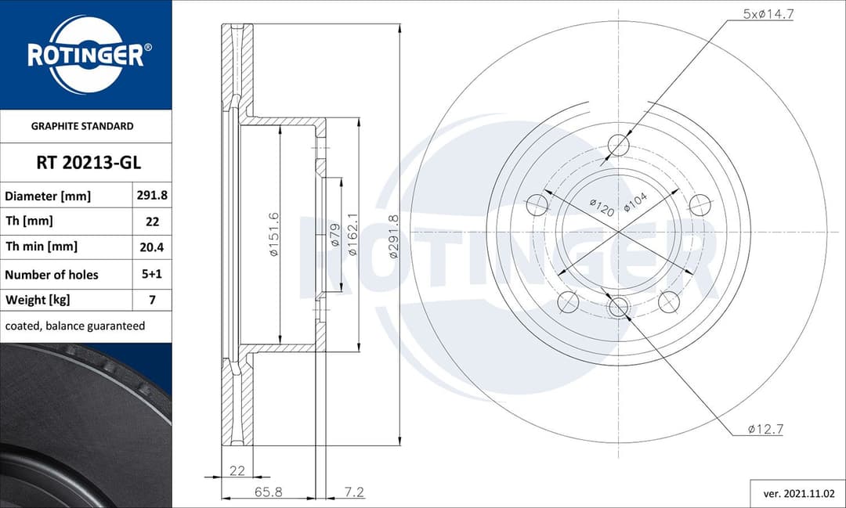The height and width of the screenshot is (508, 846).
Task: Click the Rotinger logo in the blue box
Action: tap(85, 55)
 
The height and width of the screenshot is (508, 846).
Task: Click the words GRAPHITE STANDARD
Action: tap(82, 126)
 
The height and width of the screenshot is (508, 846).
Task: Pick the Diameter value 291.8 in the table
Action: tap(152, 196)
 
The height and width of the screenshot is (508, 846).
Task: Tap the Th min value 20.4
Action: tap(152, 247)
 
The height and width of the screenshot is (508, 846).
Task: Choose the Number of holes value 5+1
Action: tap(152, 275)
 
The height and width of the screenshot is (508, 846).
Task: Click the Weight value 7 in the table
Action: tap(152, 300)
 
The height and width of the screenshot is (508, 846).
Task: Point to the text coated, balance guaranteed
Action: tap(75, 326)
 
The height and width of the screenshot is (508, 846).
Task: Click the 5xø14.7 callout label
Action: tap(768, 13)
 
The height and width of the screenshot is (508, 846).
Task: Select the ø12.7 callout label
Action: tap(765, 429)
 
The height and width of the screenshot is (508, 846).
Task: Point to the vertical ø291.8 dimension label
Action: tap(394, 236)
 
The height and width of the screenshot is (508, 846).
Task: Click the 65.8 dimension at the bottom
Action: tap(268, 492)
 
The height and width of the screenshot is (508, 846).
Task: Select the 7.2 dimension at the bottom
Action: tap(354, 492)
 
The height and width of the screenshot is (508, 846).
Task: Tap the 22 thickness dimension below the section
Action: tap(237, 470)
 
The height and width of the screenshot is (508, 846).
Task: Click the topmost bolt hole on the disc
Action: tap(619, 145)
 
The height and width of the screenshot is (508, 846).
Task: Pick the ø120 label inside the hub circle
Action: tap(601, 207)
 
